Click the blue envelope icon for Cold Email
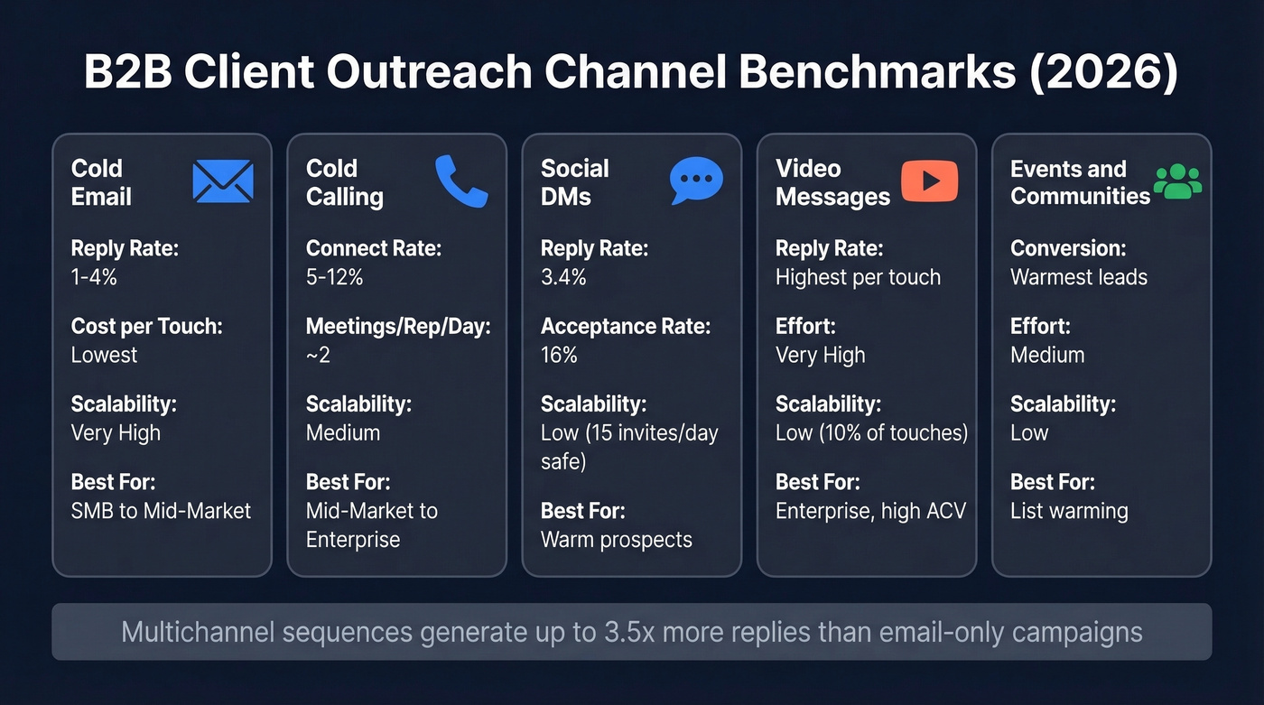point(223,181)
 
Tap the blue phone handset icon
point(460,181)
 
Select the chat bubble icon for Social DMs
point(696,181)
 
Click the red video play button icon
point(929,181)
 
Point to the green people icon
point(1178,181)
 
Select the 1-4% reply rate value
point(94,277)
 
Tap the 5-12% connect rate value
point(334,277)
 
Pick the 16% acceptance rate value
point(559,355)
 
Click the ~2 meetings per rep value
point(318,355)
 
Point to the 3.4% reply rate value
point(563,277)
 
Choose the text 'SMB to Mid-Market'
point(161,511)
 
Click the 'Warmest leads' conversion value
point(1079,277)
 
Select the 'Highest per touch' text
point(858,277)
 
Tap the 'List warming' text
point(1069,511)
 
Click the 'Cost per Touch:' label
point(146,326)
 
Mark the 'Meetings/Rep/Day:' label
point(398,326)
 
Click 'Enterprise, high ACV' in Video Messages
point(870,511)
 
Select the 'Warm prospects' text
point(616,540)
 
